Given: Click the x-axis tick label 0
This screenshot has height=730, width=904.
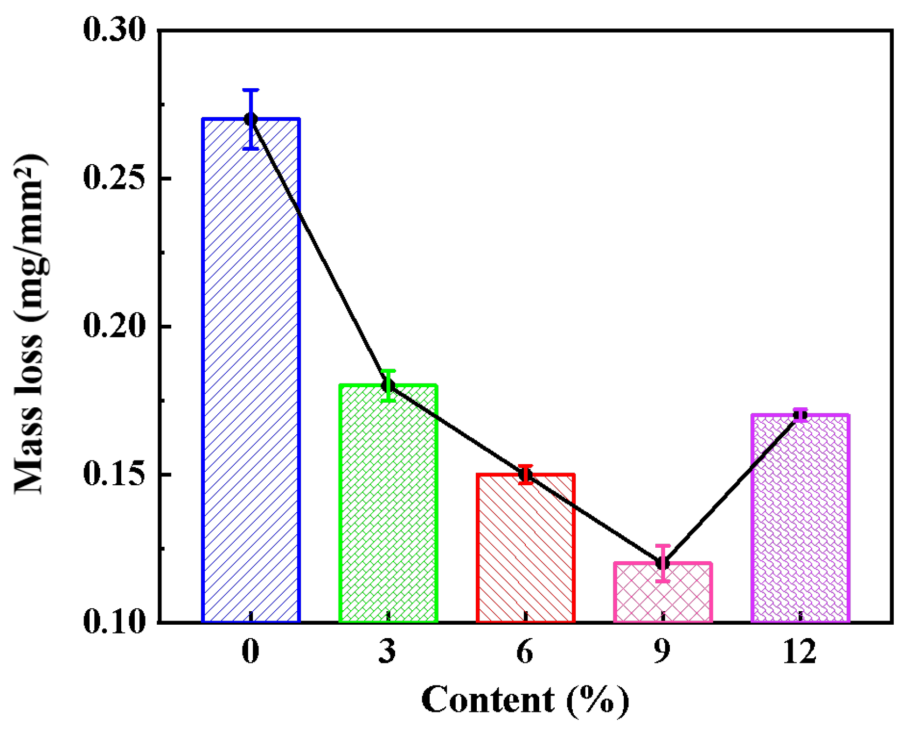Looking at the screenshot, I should [x=251, y=652].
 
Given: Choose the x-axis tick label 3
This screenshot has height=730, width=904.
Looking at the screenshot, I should [x=388, y=652].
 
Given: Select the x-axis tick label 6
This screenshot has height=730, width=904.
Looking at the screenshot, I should [x=525, y=652].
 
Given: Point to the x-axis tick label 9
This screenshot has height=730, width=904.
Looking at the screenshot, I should [x=663, y=652].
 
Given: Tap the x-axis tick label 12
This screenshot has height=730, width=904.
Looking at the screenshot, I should [x=800, y=652].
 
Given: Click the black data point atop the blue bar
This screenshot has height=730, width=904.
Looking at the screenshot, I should [x=251, y=119].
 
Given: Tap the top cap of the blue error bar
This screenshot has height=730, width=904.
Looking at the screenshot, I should [x=251, y=90].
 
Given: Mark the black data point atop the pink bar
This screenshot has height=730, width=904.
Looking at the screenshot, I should [x=663, y=563].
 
